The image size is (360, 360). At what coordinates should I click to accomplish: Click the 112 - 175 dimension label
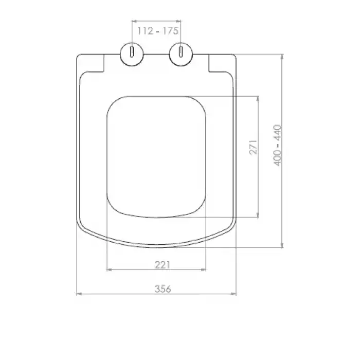(158, 31)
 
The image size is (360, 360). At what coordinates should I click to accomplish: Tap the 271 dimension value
(253, 147)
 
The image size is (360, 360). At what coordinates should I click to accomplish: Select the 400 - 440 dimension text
(277, 146)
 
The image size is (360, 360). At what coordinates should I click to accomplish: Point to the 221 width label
(163, 265)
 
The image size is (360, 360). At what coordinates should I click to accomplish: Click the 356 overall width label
(163, 289)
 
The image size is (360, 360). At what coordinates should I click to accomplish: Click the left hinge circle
(132, 54)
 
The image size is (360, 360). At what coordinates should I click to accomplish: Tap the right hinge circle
(181, 54)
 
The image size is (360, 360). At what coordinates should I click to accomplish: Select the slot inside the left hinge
(132, 51)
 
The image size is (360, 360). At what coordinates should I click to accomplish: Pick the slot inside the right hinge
(181, 51)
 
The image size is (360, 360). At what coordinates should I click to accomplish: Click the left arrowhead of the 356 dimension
(79, 294)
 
